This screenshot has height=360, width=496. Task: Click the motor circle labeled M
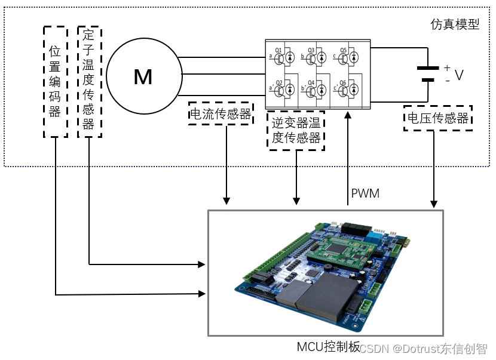(143, 76)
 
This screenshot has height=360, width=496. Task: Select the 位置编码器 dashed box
(55, 82)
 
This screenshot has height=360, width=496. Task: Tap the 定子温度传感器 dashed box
(89, 82)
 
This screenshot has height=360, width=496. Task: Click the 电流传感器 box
(220, 114)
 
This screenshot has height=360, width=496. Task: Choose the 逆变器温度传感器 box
(296, 130)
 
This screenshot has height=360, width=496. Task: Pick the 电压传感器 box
(438, 118)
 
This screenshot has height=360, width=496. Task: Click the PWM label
(365, 193)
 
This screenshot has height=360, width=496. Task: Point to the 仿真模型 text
(455, 25)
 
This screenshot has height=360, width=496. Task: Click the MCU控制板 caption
(328, 346)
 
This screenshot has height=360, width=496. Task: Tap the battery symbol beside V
(428, 73)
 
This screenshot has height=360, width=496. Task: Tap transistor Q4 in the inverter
(311, 89)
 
